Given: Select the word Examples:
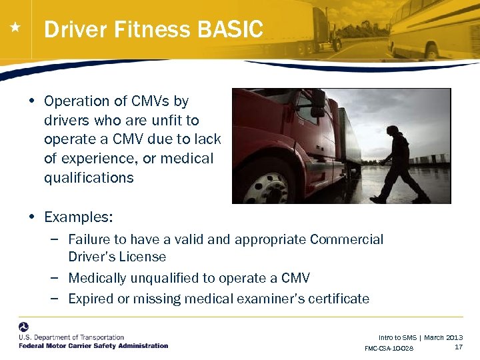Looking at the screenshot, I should (x=79, y=217).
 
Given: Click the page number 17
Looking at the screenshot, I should (x=459, y=347).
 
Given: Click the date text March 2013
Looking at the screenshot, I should (x=443, y=338).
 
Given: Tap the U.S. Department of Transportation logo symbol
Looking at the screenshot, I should (x=24, y=327).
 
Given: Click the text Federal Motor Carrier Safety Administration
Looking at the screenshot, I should (x=93, y=346).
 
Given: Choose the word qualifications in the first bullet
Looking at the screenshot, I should (x=89, y=178).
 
